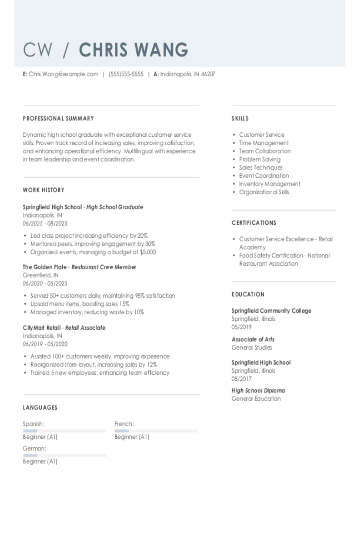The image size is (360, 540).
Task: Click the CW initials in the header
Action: pyautogui.click(x=38, y=50)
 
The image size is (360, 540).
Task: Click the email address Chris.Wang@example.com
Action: pyautogui.click(x=63, y=74)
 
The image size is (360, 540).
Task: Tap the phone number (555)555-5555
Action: pyautogui.click(x=126, y=74)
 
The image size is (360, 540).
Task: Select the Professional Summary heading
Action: pyautogui.click(x=58, y=118)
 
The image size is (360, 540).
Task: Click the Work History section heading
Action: pyautogui.click(x=44, y=190)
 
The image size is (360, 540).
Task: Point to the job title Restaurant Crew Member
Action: pyautogui.click(x=104, y=267)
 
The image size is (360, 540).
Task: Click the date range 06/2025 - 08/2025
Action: pyautogui.click(x=45, y=224)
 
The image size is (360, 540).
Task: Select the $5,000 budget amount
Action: pyautogui.click(x=148, y=252)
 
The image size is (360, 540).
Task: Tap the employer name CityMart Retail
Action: pyautogui.click(x=42, y=328)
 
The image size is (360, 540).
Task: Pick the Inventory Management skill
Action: pyautogui.click(x=270, y=184)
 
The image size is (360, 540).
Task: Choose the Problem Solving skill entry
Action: pyautogui.click(x=260, y=159)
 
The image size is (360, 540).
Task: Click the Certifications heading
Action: pyautogui.click(x=254, y=223)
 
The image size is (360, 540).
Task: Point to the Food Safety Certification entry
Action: pyautogui.click(x=284, y=256)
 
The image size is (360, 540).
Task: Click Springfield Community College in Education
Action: pyautogui.click(x=271, y=311)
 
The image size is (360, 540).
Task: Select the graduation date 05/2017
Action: pyautogui.click(x=242, y=379)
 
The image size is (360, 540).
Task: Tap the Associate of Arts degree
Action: pyautogui.click(x=253, y=339)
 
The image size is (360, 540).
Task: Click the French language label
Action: pyautogui.click(x=124, y=424)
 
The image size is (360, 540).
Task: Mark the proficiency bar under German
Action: pyautogui.click(x=64, y=455)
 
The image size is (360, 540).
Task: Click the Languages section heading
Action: pyautogui.click(x=40, y=408)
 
